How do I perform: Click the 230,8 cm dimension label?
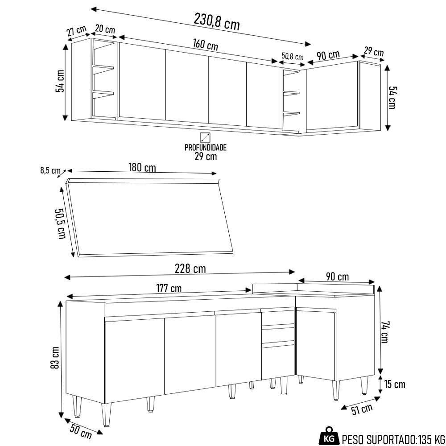pyautogui.click(x=217, y=21)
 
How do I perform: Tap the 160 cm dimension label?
pyautogui.click(x=205, y=45)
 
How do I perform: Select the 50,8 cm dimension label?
pyautogui.click(x=293, y=57)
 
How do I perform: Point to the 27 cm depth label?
pyautogui.click(x=76, y=32)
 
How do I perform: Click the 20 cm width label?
pyautogui.click(x=105, y=29)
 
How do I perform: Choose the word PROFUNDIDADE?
pyautogui.click(x=206, y=148)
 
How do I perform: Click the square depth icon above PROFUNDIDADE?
pyautogui.click(x=205, y=137)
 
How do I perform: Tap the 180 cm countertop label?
pyautogui.click(x=142, y=168)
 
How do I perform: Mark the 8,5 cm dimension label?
pyautogui.click(x=50, y=170)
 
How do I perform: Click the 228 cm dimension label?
pyautogui.click(x=191, y=269)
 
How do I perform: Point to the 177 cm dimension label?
pyautogui.click(x=169, y=289)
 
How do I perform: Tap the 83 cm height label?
pyautogui.click(x=55, y=358)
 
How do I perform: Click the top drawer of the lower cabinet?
pyautogui.click(x=277, y=318)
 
